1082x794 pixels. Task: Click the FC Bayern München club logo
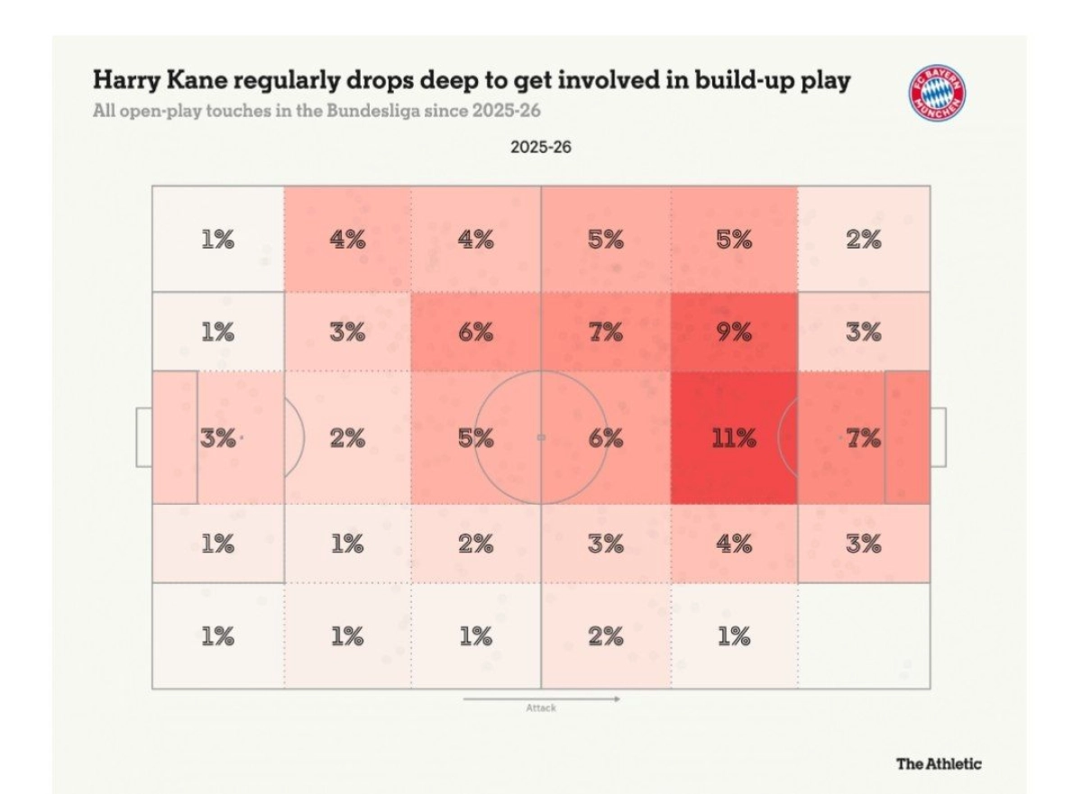[x=937, y=94]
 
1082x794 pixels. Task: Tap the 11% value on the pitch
[x=734, y=439]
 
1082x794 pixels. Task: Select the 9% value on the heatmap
[x=734, y=333]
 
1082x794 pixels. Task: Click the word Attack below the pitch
[x=541, y=708]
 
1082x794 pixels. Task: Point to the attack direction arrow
[x=541, y=698]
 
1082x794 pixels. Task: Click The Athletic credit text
[x=938, y=764]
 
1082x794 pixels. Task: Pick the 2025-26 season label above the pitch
[x=540, y=147]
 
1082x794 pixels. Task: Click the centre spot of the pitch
[x=541, y=437]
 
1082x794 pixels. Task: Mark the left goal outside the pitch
[x=144, y=437]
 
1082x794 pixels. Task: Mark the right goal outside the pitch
[x=938, y=437]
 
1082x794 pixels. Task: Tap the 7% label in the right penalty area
[x=863, y=439]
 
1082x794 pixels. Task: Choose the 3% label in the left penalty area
[x=217, y=439]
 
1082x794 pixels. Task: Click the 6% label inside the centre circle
[x=605, y=439]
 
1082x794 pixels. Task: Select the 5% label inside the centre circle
[x=476, y=439]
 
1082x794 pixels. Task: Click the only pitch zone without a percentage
[x=863, y=635]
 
